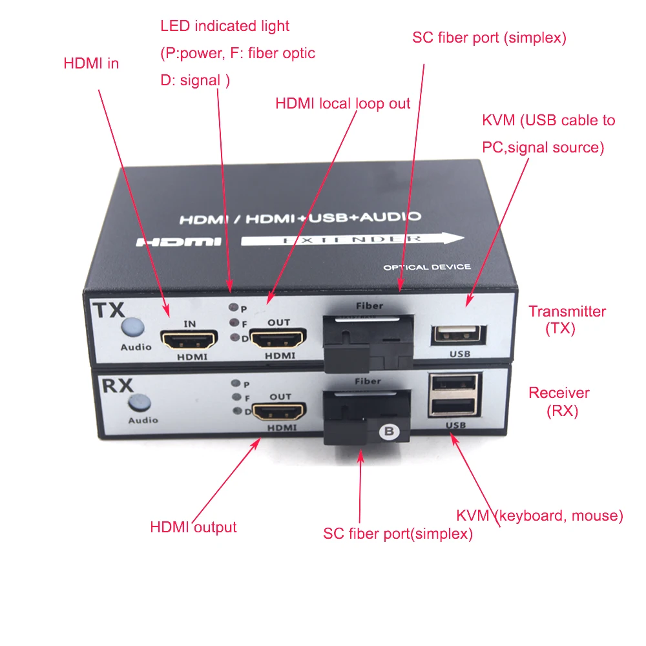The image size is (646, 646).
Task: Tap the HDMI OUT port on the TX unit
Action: click(273, 337)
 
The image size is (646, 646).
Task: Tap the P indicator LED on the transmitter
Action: click(235, 309)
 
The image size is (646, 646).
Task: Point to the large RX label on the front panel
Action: click(117, 386)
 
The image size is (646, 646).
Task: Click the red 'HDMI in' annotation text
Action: click(91, 64)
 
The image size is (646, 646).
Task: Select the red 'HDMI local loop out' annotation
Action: click(342, 103)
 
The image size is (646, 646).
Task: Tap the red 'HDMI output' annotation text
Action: click(193, 527)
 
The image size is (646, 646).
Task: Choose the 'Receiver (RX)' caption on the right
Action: click(559, 401)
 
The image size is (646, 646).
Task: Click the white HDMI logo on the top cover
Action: click(179, 242)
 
